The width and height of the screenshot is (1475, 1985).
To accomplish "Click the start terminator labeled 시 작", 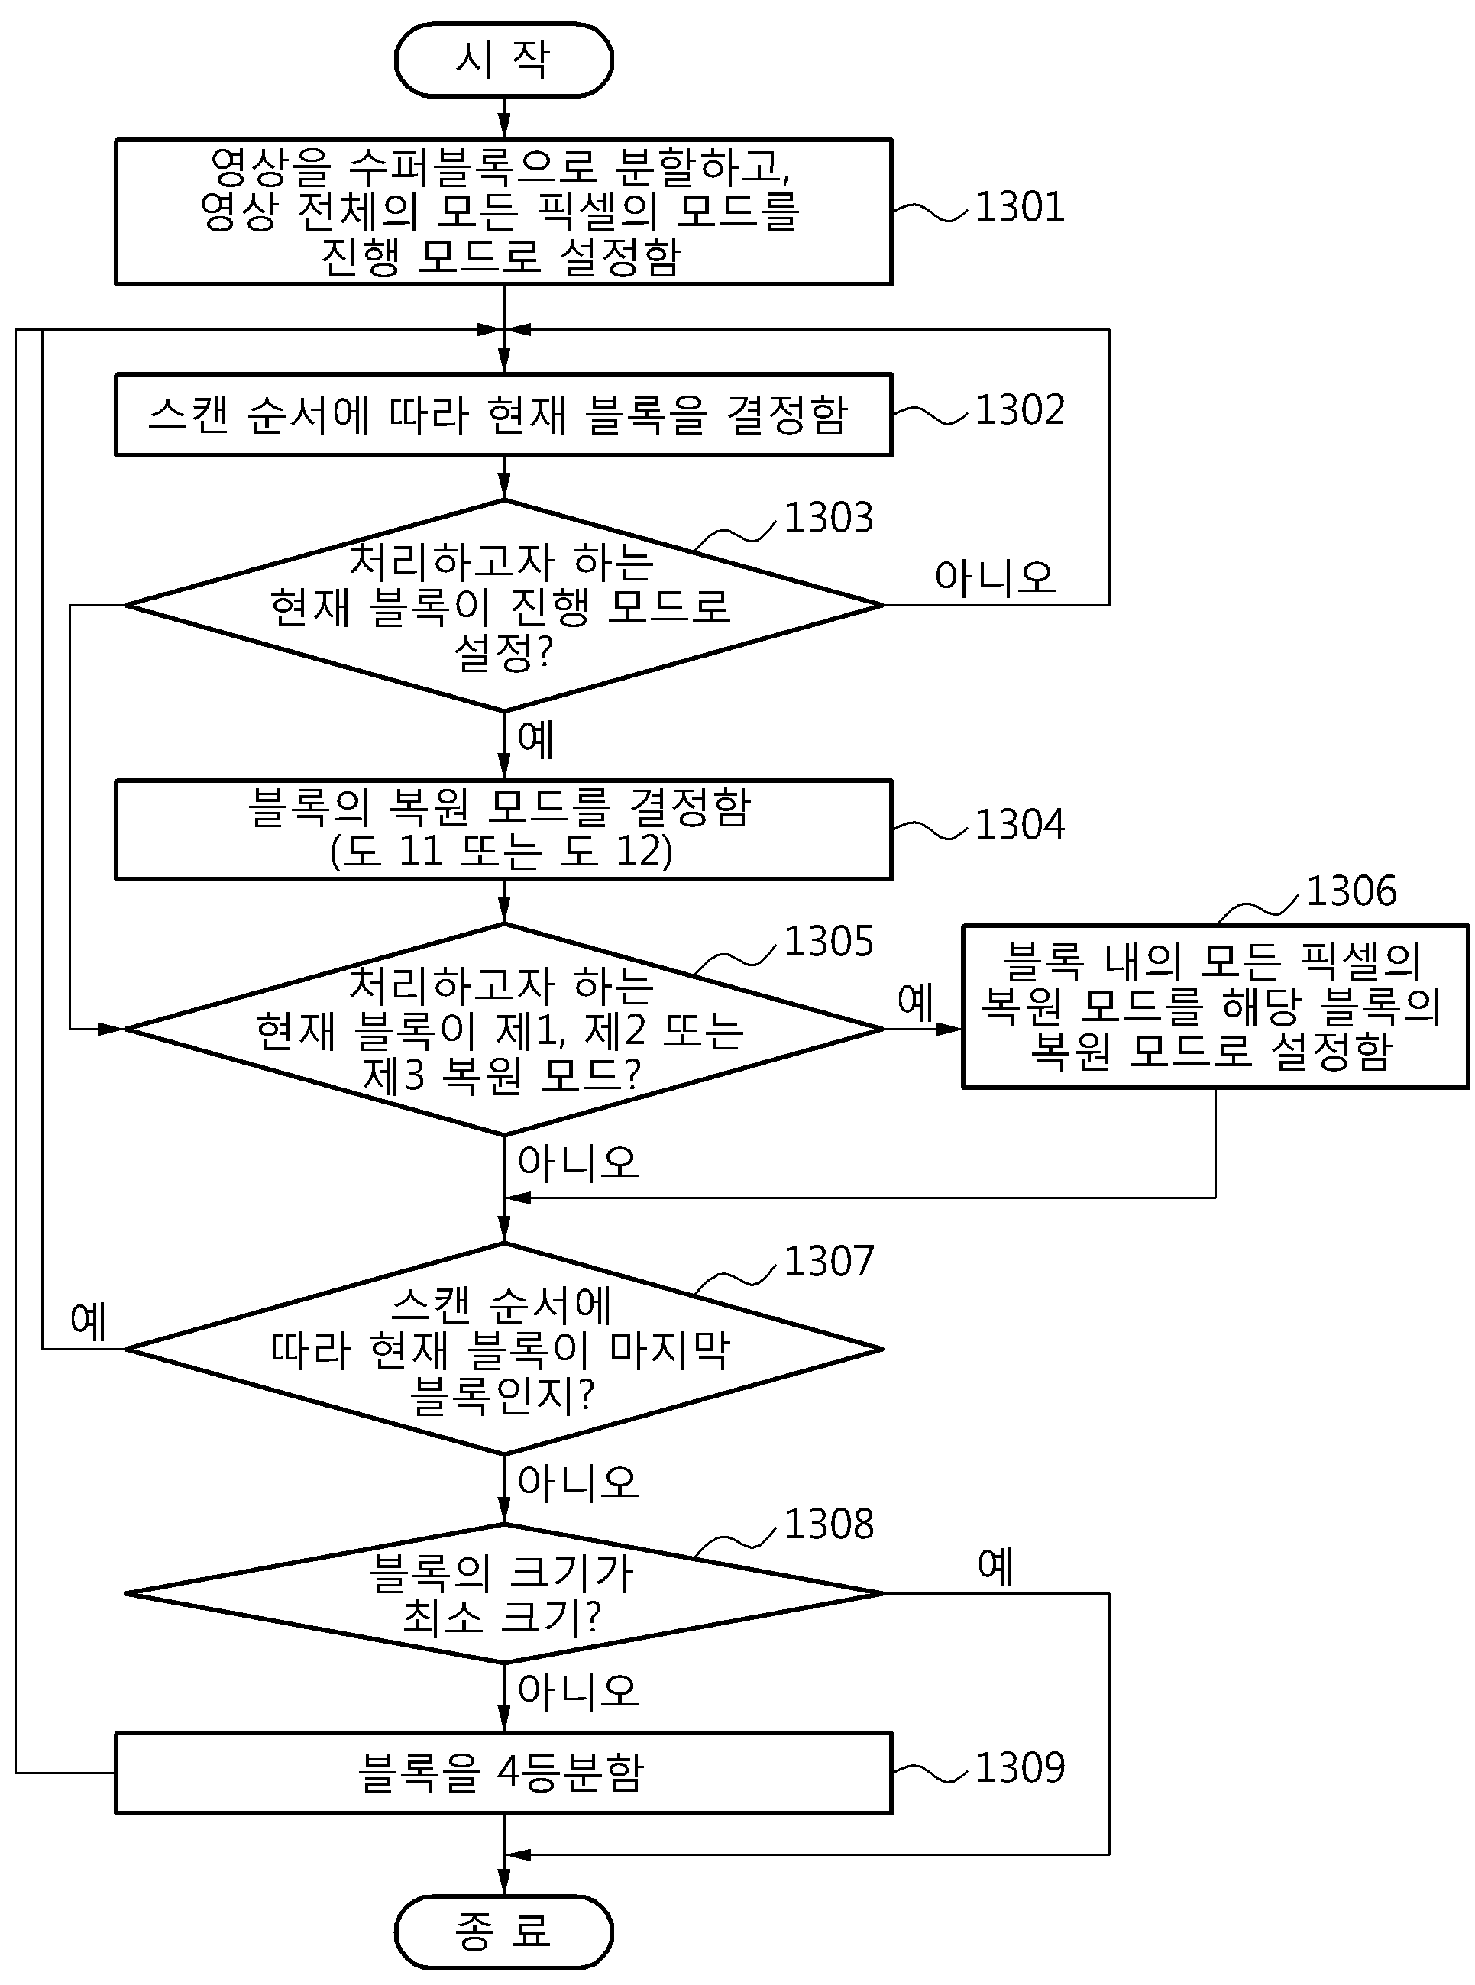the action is tap(503, 60).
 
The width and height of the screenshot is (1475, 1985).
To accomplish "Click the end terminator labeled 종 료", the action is tap(503, 1932).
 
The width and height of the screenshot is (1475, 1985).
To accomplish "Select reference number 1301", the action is tap(1020, 207).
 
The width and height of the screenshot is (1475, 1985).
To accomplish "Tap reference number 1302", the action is tap(1020, 411).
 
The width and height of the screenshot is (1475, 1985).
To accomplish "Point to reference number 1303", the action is tap(829, 518).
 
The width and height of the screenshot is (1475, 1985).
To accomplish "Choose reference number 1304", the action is tap(1020, 825).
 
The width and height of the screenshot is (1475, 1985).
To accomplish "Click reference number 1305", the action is tap(829, 942).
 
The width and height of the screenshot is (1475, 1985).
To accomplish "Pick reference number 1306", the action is tap(1352, 891).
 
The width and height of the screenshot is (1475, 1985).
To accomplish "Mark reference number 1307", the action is tap(829, 1261).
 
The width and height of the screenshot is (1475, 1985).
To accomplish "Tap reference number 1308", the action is tap(829, 1524).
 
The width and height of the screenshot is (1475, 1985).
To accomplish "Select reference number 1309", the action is tap(1020, 1768).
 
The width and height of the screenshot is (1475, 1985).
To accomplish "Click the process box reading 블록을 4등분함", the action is tap(503, 1773).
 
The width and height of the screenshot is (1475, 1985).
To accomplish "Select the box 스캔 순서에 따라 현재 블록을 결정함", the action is tap(503, 415).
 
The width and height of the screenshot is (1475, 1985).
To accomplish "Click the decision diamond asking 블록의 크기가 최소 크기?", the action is tap(503, 1593).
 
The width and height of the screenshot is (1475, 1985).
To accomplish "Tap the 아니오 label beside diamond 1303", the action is tap(995, 578).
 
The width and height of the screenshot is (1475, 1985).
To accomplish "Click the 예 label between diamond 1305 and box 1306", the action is tap(915, 1001).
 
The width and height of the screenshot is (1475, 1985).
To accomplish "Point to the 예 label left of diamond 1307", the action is tap(89, 1321).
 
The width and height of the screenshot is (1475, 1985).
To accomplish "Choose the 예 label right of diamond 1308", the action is tap(995, 1566).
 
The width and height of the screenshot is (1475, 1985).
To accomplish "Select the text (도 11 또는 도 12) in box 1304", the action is tap(501, 851).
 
